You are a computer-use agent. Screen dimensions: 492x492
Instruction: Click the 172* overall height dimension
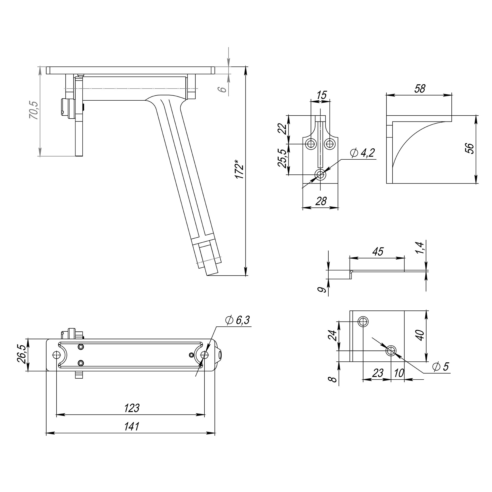coord(239,169)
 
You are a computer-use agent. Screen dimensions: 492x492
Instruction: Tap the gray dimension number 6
coord(222,89)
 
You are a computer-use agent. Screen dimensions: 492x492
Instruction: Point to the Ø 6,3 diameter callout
coord(237,320)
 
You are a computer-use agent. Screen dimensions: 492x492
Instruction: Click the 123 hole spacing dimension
coord(132,408)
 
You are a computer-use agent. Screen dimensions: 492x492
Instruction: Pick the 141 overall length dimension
coord(132,427)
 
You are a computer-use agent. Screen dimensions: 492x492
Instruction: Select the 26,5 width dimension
coord(21,354)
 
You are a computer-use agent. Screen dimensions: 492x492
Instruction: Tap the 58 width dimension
coord(419,89)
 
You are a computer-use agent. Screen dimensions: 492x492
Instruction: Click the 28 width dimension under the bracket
coord(321,201)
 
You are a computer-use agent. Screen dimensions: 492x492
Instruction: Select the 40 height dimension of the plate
coord(420,335)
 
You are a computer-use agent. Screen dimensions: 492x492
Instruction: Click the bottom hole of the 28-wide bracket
coord(320,175)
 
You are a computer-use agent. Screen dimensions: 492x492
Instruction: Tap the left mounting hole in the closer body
coord(56,354)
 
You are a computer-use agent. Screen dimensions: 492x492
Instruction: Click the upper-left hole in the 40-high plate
coord(363,322)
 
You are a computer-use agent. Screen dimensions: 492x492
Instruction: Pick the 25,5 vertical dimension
coord(282,158)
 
